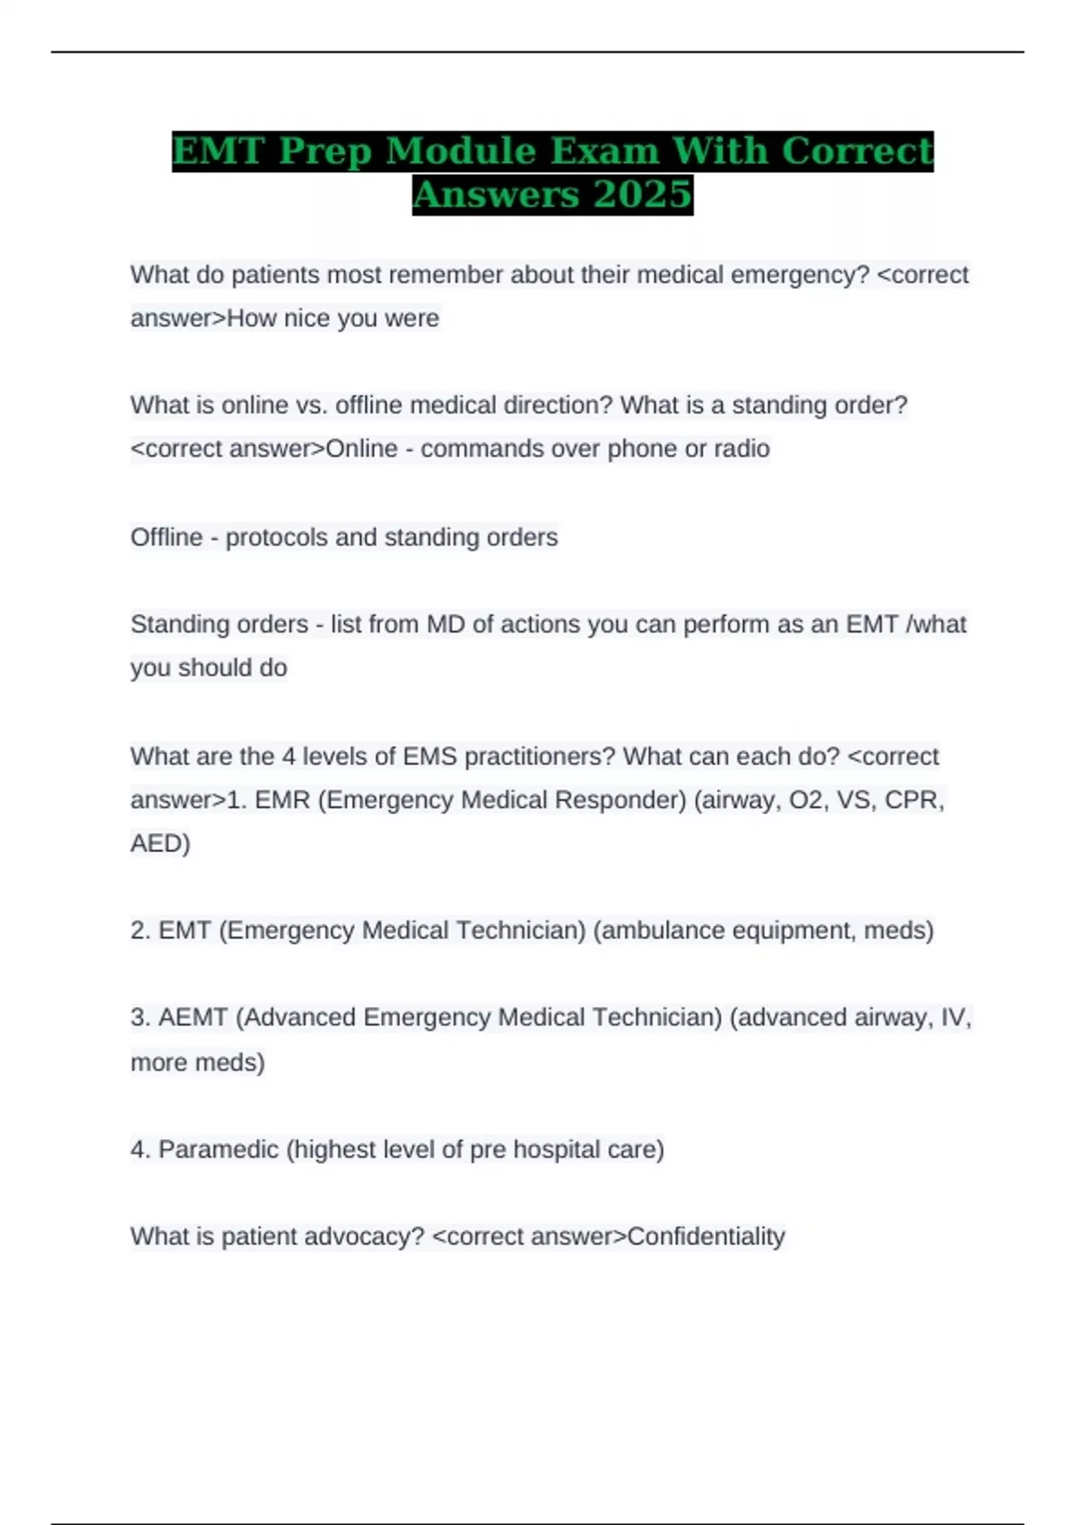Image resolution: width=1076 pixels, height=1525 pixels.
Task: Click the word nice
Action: pos(307,318)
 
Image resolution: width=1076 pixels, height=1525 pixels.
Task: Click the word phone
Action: pos(642,449)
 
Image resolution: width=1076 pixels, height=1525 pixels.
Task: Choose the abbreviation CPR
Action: pos(912,799)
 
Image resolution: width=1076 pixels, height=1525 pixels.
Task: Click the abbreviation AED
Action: pos(157,843)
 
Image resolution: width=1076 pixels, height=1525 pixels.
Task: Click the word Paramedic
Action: pos(218,1149)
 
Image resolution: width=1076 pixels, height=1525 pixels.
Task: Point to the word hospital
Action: pos(557,1149)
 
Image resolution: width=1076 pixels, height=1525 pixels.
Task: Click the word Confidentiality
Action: pos(706,1236)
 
